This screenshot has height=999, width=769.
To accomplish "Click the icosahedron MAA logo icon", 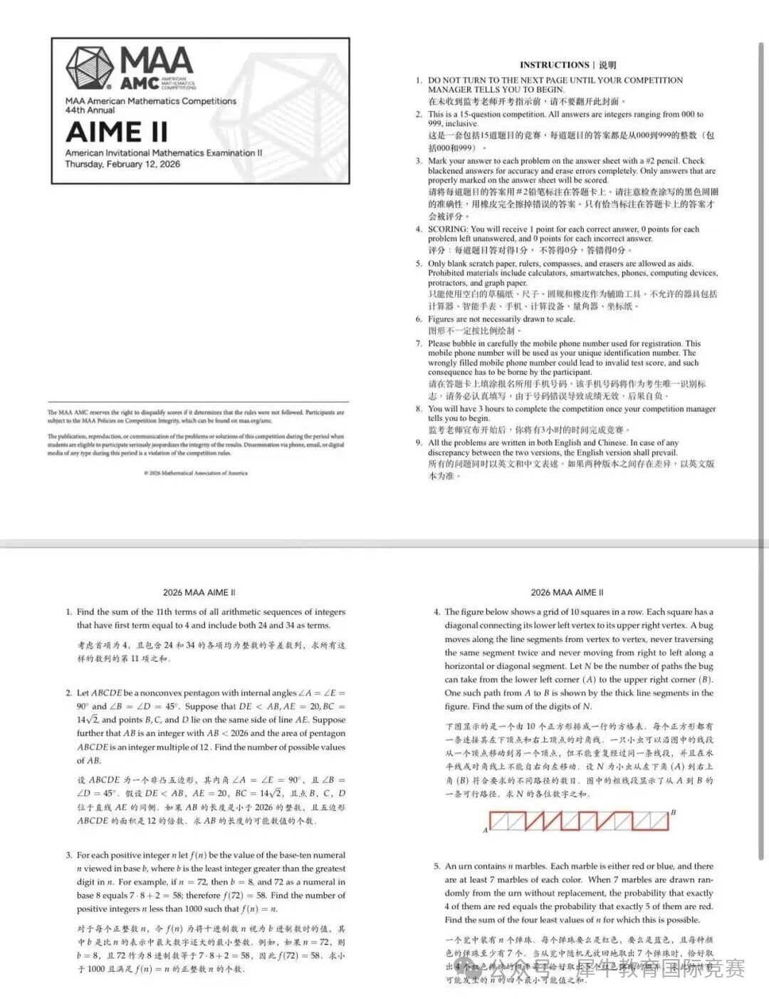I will point(90,68).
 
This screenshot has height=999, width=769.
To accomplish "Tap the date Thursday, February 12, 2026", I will point(122,165).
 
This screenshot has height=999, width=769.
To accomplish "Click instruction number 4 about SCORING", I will point(419,229).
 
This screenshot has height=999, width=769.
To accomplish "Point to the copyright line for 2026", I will point(196,473).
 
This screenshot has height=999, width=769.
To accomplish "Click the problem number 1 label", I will point(69,612).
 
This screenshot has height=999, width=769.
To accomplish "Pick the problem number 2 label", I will point(69,693).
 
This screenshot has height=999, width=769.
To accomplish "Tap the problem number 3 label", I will point(69,855).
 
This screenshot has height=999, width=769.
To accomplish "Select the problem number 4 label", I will point(436,612).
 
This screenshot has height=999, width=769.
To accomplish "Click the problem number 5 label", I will point(436,866).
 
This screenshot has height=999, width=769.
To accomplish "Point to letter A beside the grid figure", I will point(486,830).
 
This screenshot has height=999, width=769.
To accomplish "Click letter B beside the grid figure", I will point(673,812).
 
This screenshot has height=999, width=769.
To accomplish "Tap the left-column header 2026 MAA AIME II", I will point(199,593).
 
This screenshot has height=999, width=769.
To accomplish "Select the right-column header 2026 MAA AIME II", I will point(567,593).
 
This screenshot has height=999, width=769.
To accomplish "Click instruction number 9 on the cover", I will point(419,443).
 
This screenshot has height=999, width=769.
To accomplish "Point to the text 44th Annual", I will point(90,110).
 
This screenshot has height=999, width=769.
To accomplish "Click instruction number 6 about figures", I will point(419,319).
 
